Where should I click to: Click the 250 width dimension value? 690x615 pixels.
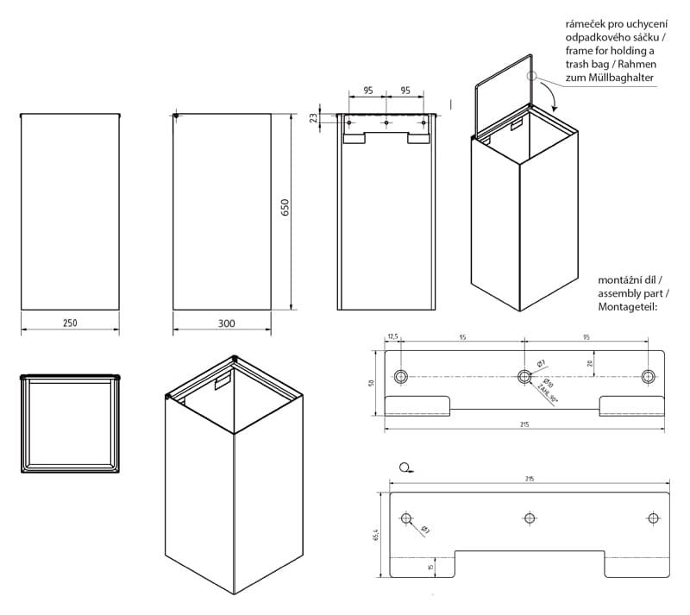tap(71, 323)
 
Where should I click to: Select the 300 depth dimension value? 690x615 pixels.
tap(226, 323)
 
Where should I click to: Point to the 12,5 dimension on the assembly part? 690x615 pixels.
tap(393, 337)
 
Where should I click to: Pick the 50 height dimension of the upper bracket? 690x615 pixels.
tap(371, 383)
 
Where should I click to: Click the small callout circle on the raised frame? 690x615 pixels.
tap(530, 76)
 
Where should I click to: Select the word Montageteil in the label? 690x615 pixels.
tap(625, 306)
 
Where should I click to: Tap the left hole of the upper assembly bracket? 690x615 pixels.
tap(401, 376)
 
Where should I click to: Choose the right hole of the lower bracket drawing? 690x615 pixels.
tap(653, 518)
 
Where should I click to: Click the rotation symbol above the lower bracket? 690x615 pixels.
tap(406, 468)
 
